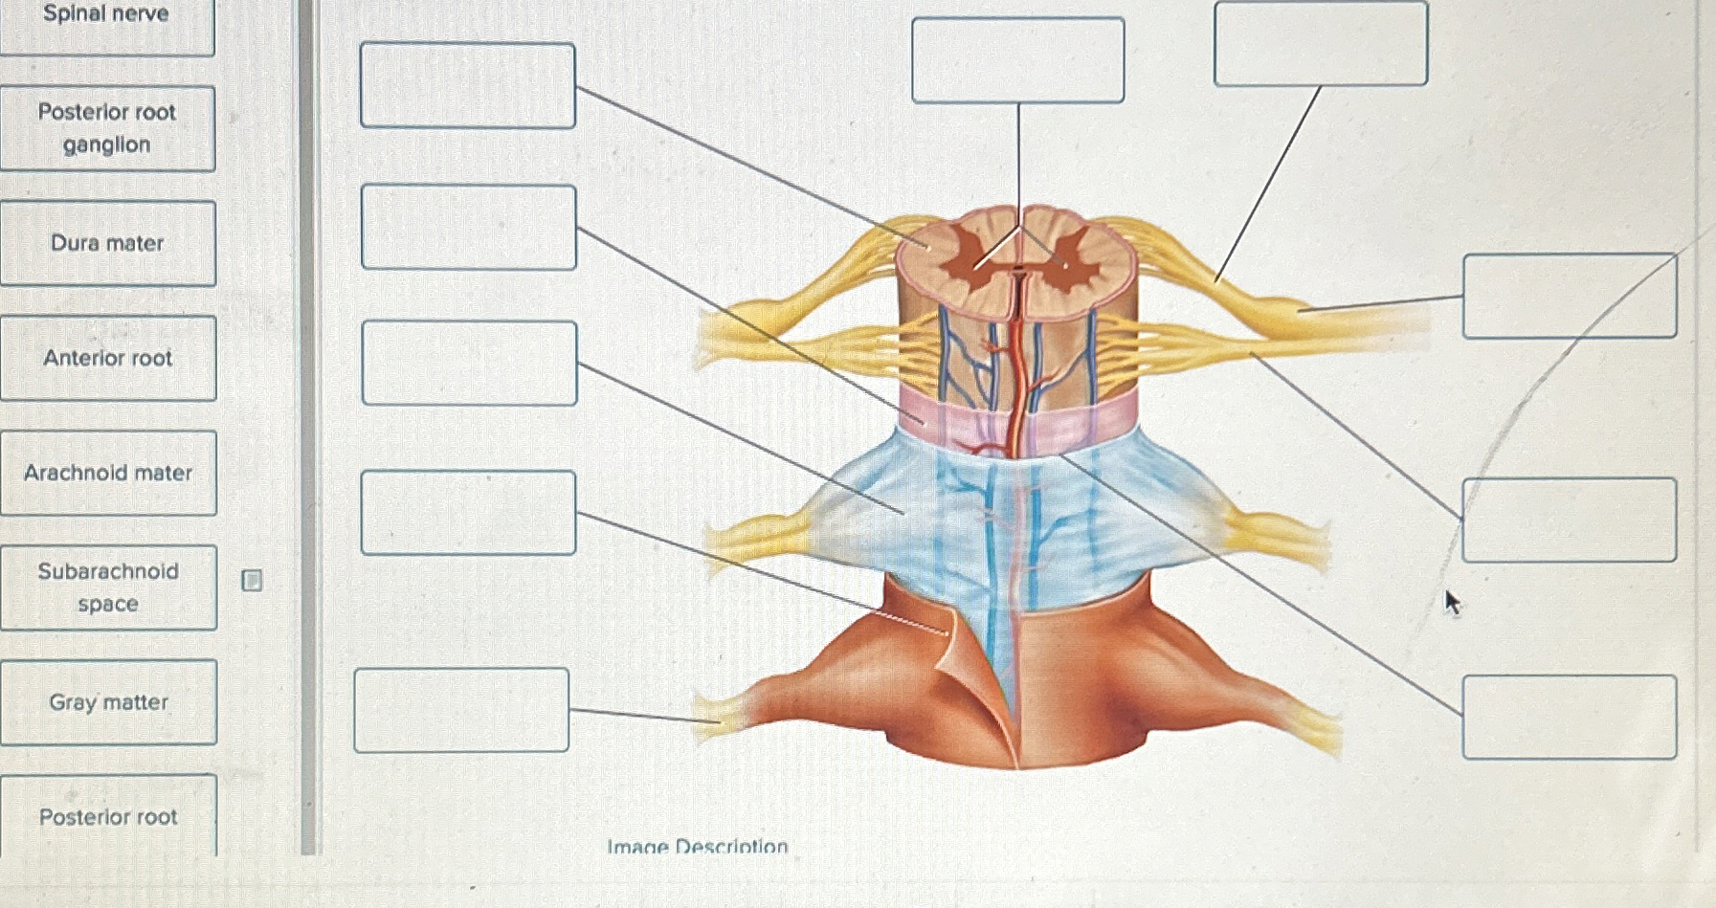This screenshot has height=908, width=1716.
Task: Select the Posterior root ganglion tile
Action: pyautogui.click(x=107, y=128)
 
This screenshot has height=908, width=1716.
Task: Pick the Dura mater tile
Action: pyautogui.click(x=107, y=243)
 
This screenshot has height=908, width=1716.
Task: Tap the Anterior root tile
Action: pyautogui.click(x=107, y=358)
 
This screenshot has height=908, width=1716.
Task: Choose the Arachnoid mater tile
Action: pyautogui.click(x=108, y=473)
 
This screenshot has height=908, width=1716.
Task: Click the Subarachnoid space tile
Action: pyautogui.click(x=108, y=587)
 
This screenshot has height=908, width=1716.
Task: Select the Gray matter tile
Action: pyautogui.click(x=108, y=702)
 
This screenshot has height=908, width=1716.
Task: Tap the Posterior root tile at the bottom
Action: pyautogui.click(x=108, y=816)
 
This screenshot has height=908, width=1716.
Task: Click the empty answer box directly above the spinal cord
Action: pyautogui.click(x=1017, y=59)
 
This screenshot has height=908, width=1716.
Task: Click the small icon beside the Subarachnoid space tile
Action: pyautogui.click(x=252, y=580)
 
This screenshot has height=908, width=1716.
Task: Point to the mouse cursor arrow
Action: pyautogui.click(x=1452, y=602)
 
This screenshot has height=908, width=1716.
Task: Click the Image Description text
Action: pyautogui.click(x=697, y=846)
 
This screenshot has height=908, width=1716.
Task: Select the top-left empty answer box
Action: pyautogui.click(x=467, y=85)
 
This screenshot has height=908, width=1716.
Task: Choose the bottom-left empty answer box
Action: pyautogui.click(x=461, y=710)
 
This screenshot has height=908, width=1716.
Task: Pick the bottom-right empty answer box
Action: pyautogui.click(x=1569, y=717)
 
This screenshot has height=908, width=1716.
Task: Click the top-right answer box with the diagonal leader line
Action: pyautogui.click(x=1320, y=44)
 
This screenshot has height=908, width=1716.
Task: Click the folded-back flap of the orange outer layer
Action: pyautogui.click(x=967, y=660)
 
